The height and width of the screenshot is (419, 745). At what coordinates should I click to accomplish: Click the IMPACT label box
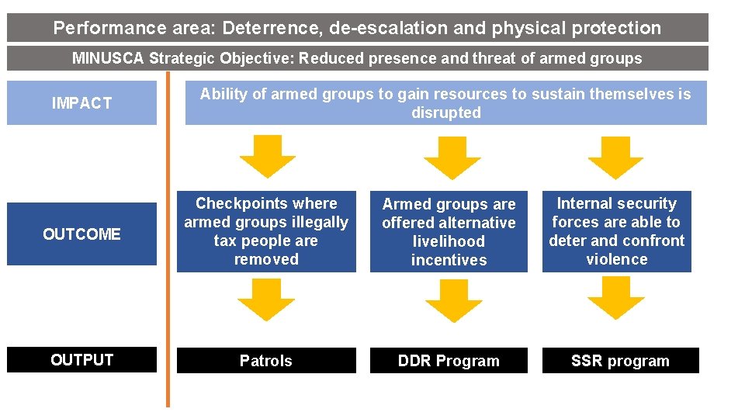pyautogui.click(x=81, y=102)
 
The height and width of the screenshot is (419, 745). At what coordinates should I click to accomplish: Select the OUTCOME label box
pyautogui.click(x=81, y=234)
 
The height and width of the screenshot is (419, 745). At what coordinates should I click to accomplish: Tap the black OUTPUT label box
pyautogui.click(x=81, y=360)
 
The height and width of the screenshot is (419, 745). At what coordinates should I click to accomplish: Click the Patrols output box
pyautogui.click(x=265, y=361)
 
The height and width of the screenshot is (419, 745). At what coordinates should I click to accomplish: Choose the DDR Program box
pyautogui.click(x=449, y=361)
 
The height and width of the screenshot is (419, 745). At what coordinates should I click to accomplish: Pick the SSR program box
pyautogui.click(x=620, y=361)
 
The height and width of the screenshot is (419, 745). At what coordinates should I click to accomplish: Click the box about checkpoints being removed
pyautogui.click(x=266, y=231)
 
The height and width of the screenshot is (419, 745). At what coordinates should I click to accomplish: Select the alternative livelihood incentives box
pyautogui.click(x=449, y=231)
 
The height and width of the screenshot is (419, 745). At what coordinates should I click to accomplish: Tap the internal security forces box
pyautogui.click(x=616, y=231)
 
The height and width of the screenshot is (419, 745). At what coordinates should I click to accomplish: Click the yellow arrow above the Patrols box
pyautogui.click(x=266, y=300)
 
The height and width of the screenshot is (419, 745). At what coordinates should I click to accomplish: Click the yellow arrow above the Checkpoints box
pyautogui.click(x=267, y=156)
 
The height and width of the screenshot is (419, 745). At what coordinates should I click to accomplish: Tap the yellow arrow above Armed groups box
pyautogui.click(x=452, y=158)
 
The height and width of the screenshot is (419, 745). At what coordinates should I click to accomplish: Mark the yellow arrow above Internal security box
pyautogui.click(x=615, y=158)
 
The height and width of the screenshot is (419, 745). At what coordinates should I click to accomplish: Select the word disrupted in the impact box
pyautogui.click(x=446, y=113)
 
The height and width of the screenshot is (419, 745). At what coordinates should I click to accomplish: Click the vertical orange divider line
pyautogui.click(x=167, y=233)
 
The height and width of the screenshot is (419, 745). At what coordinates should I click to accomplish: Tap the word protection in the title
pyautogui.click(x=616, y=29)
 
